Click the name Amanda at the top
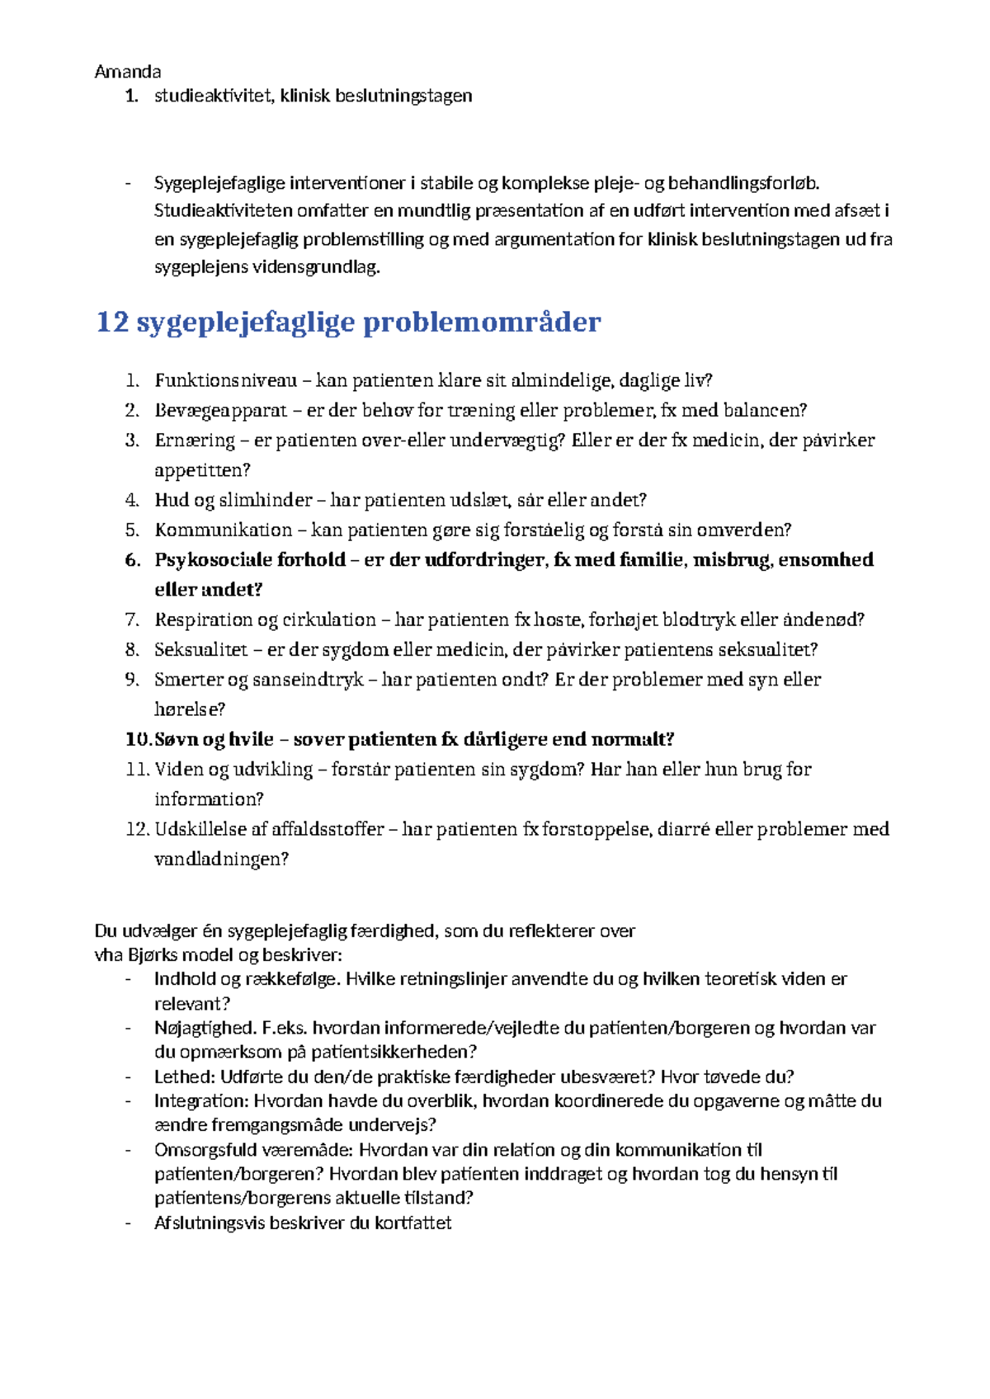(128, 72)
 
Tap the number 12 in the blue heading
(112, 322)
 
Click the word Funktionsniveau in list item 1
(225, 380)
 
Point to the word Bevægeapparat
(220, 410)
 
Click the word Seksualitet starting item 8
(200, 650)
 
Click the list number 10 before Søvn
(136, 740)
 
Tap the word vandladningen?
(221, 860)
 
